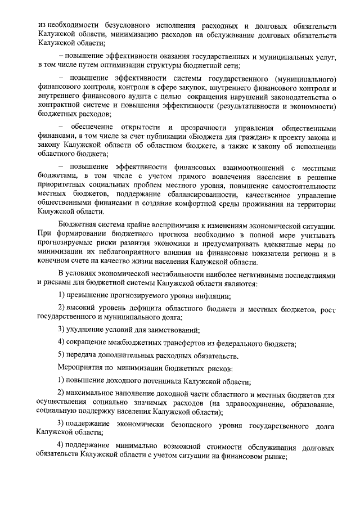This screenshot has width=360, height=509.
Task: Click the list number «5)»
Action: pyautogui.click(x=63, y=355)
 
